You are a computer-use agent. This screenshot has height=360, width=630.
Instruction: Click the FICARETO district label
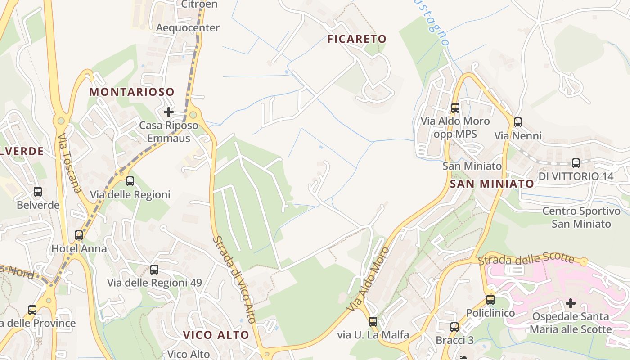tap(357, 39)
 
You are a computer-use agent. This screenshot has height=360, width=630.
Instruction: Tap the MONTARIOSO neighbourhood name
tap(131, 92)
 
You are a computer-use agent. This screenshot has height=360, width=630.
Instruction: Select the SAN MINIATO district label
tap(492, 184)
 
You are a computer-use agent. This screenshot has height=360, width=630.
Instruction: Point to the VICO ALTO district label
tap(216, 335)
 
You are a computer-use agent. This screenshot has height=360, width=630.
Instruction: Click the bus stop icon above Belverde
tap(38, 192)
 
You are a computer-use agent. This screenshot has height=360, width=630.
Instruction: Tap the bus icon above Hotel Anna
tap(79, 235)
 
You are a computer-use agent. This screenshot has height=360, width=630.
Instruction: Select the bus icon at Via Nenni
tap(518, 122)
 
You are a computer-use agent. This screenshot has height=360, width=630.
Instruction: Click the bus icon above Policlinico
tap(490, 299)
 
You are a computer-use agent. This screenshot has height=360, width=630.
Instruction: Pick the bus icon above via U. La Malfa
tap(373, 321)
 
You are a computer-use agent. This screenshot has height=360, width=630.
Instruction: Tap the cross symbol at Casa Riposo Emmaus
tap(169, 112)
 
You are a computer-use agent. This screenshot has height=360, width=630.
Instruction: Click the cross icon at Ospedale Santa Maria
tap(571, 303)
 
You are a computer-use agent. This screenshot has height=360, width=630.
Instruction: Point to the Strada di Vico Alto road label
tap(234, 279)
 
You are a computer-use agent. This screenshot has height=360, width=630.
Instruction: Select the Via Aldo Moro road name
tap(368, 279)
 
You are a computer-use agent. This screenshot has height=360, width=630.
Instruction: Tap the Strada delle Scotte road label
tap(526, 260)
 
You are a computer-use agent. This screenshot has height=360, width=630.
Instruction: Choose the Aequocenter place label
tap(188, 28)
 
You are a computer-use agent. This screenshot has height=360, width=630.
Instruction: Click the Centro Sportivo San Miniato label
tap(581, 217)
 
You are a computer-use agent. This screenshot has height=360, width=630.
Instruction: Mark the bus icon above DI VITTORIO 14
tap(576, 163)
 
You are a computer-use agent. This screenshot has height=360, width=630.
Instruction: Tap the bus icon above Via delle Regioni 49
tap(154, 270)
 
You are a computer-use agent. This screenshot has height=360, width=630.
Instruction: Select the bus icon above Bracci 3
tap(454, 327)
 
